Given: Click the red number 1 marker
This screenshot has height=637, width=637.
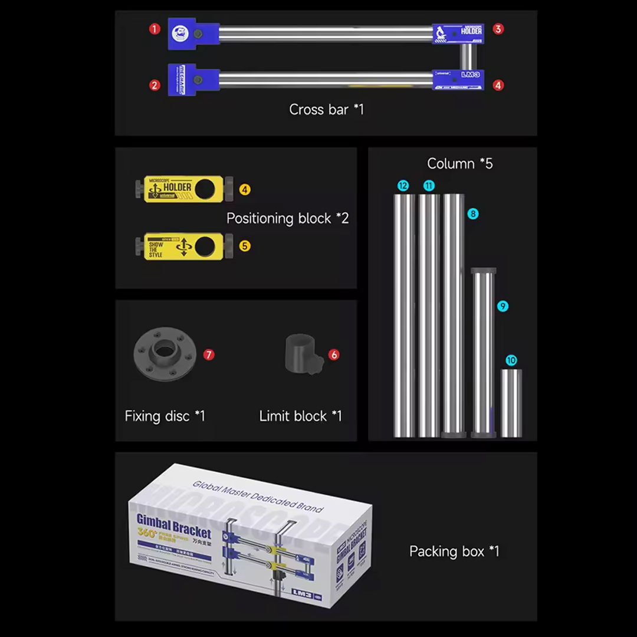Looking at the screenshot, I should click(155, 28).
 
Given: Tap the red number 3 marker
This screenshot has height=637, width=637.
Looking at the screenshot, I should click(498, 29).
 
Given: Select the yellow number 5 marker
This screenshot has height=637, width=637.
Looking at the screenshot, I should click(245, 245).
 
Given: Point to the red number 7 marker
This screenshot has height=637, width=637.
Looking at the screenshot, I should click(209, 354).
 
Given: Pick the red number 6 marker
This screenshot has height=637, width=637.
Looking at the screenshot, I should click(334, 354).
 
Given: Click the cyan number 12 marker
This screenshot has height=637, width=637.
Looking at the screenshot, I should click(403, 186).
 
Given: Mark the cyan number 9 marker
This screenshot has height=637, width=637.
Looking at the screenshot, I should click(503, 306).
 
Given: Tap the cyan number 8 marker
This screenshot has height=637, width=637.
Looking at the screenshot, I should click(472, 214).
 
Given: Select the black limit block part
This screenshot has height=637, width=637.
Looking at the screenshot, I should click(301, 354).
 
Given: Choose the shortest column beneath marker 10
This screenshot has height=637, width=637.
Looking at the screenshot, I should click(511, 403).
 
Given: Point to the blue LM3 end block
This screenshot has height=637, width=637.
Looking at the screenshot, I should click(459, 79).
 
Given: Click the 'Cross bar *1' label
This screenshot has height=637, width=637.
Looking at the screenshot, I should click(326, 109).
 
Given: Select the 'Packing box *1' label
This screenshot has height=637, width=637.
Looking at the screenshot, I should click(454, 551).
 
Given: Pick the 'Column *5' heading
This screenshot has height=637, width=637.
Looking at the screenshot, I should click(459, 163).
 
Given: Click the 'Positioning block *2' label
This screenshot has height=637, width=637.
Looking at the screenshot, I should click(287, 218).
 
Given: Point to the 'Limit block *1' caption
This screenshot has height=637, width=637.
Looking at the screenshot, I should click(300, 416).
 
